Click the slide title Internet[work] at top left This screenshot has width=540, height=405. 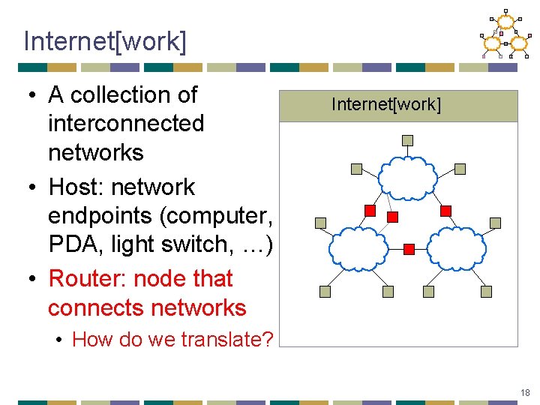click(104, 41)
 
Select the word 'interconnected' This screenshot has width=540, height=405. click(126, 123)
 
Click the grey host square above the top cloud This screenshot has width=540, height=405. click(407, 140)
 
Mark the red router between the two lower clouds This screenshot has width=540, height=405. click(409, 248)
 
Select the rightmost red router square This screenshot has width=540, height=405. click(445, 211)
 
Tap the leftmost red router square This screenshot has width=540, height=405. click(369, 210)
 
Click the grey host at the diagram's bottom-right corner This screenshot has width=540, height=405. click(495, 291)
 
